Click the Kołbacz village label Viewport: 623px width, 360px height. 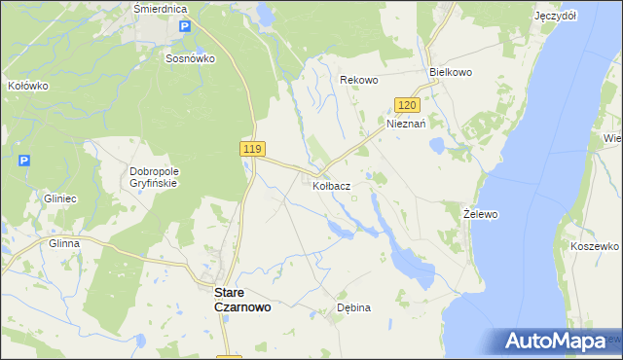(x=332, y=184)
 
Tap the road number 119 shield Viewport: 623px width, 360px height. (x=251, y=148)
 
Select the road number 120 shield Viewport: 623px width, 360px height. (x=407, y=105)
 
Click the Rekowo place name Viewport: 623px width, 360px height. (x=358, y=79)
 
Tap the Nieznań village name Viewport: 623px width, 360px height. (x=407, y=125)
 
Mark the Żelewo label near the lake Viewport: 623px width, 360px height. (x=481, y=213)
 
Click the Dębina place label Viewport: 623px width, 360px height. (x=353, y=307)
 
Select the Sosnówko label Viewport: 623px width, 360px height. (x=190, y=57)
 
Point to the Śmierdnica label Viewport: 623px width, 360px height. (x=161, y=8)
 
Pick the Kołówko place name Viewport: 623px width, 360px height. (x=27, y=86)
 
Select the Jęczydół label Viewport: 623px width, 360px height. (x=556, y=17)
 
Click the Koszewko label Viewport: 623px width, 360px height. (x=595, y=247)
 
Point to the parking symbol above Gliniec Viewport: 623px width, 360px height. (x=24, y=161)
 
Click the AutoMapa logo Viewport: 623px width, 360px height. (x=556, y=342)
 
